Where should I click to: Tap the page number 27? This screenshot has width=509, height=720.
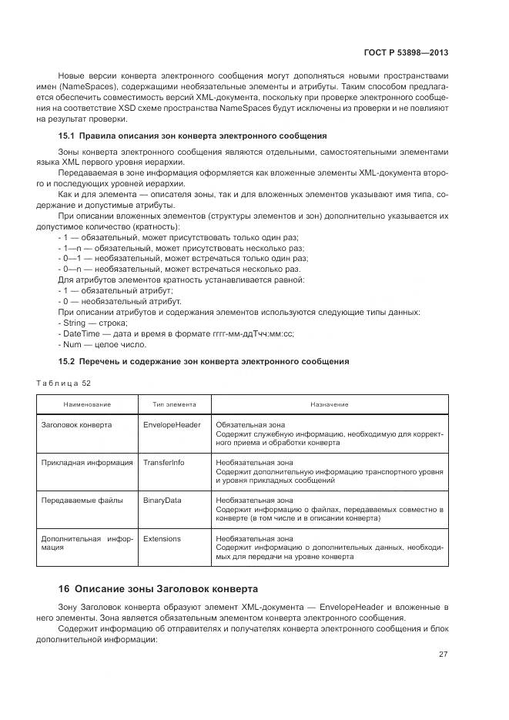pos(443,655)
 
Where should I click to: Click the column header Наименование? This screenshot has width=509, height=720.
pos(87,404)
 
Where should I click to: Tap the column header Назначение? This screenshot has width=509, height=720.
pos(330,404)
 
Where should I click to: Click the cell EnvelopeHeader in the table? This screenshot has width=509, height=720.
pos(172,424)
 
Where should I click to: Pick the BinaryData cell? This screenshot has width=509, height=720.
pos(162,500)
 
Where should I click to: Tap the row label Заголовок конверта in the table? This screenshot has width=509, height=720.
pos(76,424)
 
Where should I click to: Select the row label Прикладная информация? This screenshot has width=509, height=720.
pos(86,462)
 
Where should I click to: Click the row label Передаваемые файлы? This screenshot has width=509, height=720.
pos(82,500)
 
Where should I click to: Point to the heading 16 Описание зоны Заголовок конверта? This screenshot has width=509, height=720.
pos(158,589)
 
